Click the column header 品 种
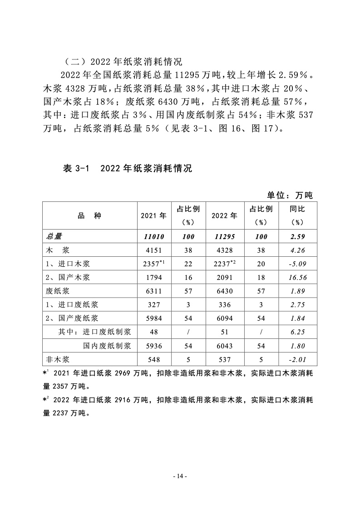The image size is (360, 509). [90, 215]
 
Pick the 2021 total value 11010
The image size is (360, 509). [154, 237]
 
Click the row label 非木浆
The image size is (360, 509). [58, 359]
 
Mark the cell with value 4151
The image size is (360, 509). [154, 250]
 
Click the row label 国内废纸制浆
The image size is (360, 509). [107, 346]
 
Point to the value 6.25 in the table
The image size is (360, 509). [297, 332]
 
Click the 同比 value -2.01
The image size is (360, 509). [297, 359]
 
